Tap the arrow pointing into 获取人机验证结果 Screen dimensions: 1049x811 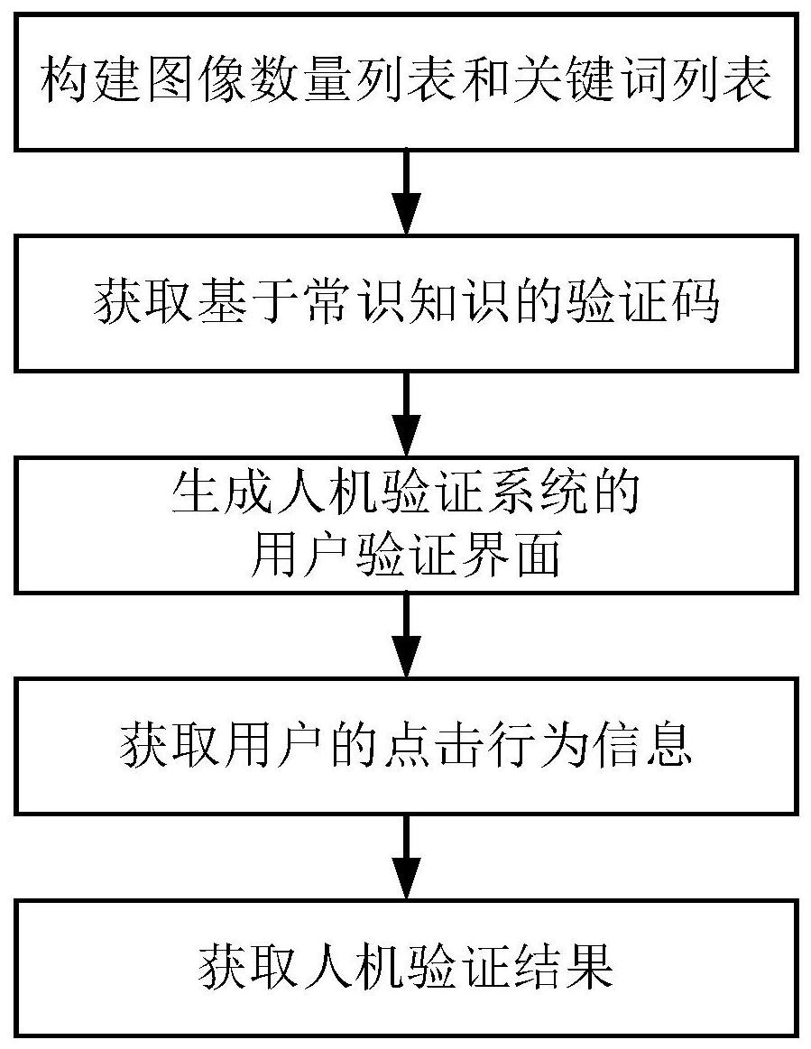tap(406, 857)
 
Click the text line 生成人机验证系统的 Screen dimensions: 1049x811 tap(406, 495)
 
